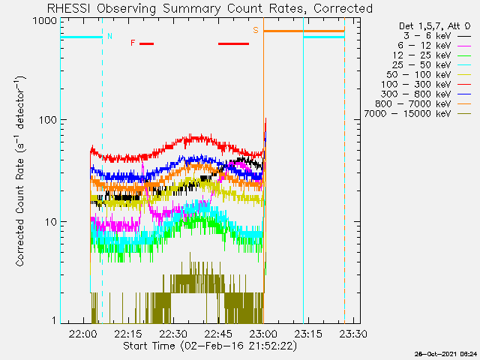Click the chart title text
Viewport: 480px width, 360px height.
210,8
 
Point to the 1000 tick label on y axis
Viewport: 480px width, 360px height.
45,21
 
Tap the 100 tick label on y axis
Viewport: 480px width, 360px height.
48,120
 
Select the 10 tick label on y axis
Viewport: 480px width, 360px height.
51,222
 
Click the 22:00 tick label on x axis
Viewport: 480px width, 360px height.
82,333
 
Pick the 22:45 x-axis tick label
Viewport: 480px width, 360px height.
218,333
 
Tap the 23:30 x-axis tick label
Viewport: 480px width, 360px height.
353,333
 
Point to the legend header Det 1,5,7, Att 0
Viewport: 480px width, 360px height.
434,26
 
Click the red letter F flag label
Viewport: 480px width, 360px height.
133,43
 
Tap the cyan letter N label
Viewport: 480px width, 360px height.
110,36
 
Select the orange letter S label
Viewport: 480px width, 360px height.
256,30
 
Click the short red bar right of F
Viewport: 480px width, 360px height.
147,43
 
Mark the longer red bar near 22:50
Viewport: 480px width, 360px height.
233,43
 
